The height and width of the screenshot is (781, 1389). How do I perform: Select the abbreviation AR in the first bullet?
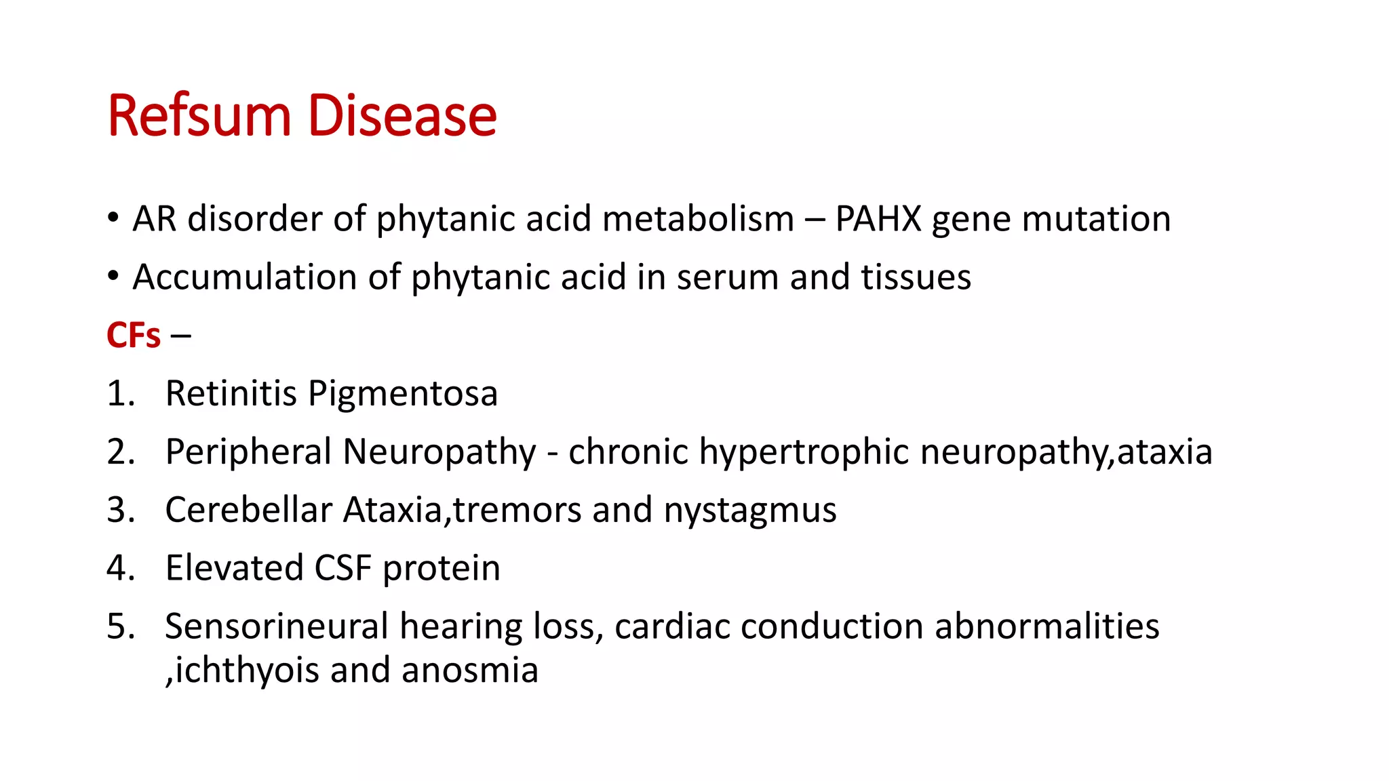[x=154, y=220]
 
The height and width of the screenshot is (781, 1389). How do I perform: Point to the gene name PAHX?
[x=878, y=220]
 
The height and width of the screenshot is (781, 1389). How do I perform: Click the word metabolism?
[x=698, y=220]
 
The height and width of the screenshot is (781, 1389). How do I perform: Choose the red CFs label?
[x=134, y=336]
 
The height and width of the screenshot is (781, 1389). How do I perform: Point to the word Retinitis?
[x=231, y=394]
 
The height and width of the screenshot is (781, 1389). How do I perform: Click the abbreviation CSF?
[x=343, y=568]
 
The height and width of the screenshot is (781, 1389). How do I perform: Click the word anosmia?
[x=469, y=670]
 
